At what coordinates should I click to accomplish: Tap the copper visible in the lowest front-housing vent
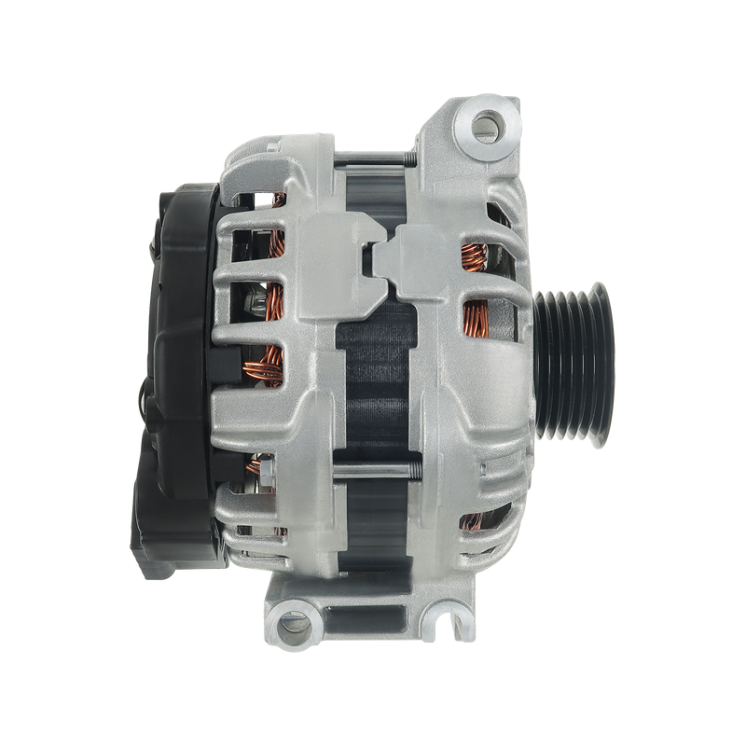tap(479, 522)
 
